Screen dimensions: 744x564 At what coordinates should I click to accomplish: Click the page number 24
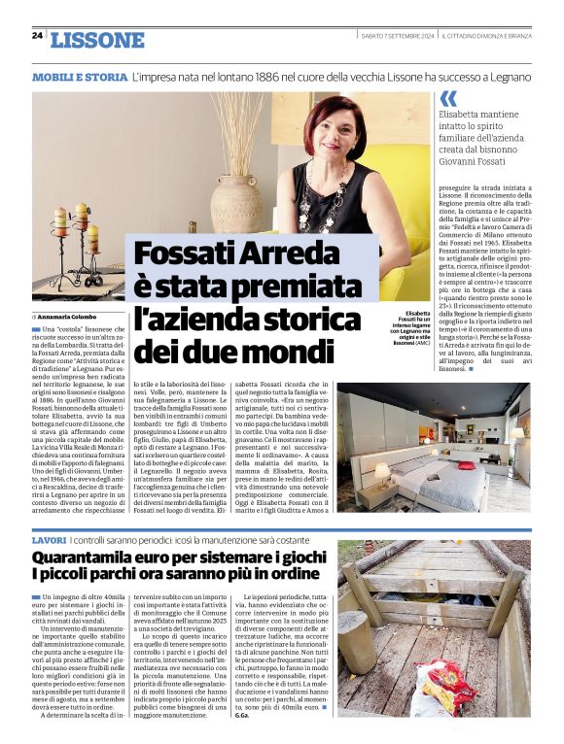(x=37, y=36)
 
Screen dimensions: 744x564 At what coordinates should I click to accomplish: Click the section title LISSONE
(x=96, y=40)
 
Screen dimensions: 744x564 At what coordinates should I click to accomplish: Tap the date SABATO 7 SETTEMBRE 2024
(x=397, y=36)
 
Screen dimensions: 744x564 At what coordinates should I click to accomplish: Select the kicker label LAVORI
(x=49, y=538)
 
